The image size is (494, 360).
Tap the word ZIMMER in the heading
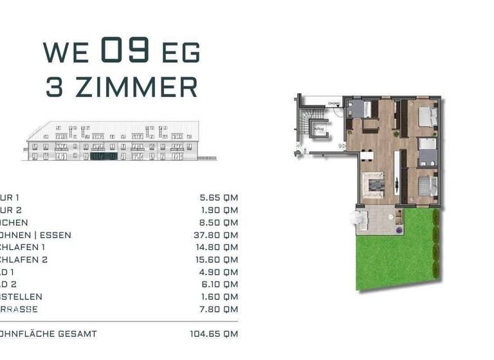tap(136, 87)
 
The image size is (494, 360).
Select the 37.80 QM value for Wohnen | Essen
tap(219, 235)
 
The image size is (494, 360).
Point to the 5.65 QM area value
tap(219, 198)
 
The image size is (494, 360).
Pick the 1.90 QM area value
tap(219, 210)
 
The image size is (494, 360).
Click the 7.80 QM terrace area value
tap(219, 309)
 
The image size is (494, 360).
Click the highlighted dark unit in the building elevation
tap(103, 156)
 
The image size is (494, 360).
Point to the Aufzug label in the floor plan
tap(318, 128)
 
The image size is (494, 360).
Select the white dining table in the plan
tap(367, 154)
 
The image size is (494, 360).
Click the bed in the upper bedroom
tap(428, 117)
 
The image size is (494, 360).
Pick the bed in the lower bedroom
tap(427, 186)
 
